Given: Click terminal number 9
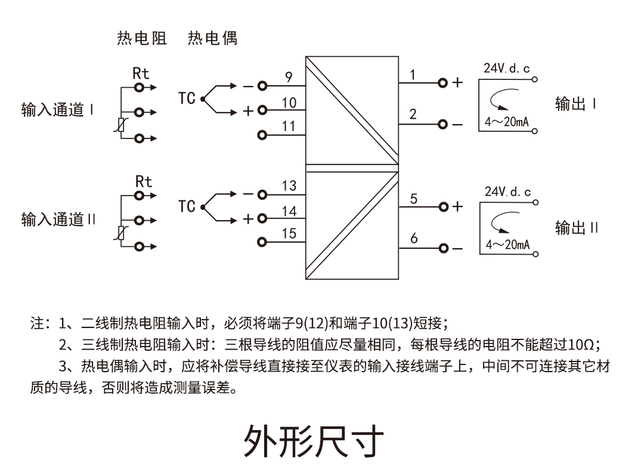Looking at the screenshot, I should point(289,77).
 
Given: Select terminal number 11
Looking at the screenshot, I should point(289,126).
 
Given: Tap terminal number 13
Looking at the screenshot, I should point(289,186).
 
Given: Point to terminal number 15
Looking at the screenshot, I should point(289,234).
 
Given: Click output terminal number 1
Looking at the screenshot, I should point(412,74).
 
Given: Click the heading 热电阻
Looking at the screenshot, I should point(142,39).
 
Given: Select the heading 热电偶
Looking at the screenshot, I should point(212,39).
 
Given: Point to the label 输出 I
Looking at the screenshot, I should point(575,104).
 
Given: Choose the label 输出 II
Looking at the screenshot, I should point(577,228).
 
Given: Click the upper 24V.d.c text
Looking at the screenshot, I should point(506,69).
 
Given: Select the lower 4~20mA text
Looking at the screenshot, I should point(507,245).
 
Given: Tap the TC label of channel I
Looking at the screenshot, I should point(187,98).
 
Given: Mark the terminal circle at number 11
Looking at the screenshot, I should point(262,134).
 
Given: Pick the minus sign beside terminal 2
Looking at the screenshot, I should point(457,125).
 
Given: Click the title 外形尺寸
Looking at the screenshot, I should point(313,441).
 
